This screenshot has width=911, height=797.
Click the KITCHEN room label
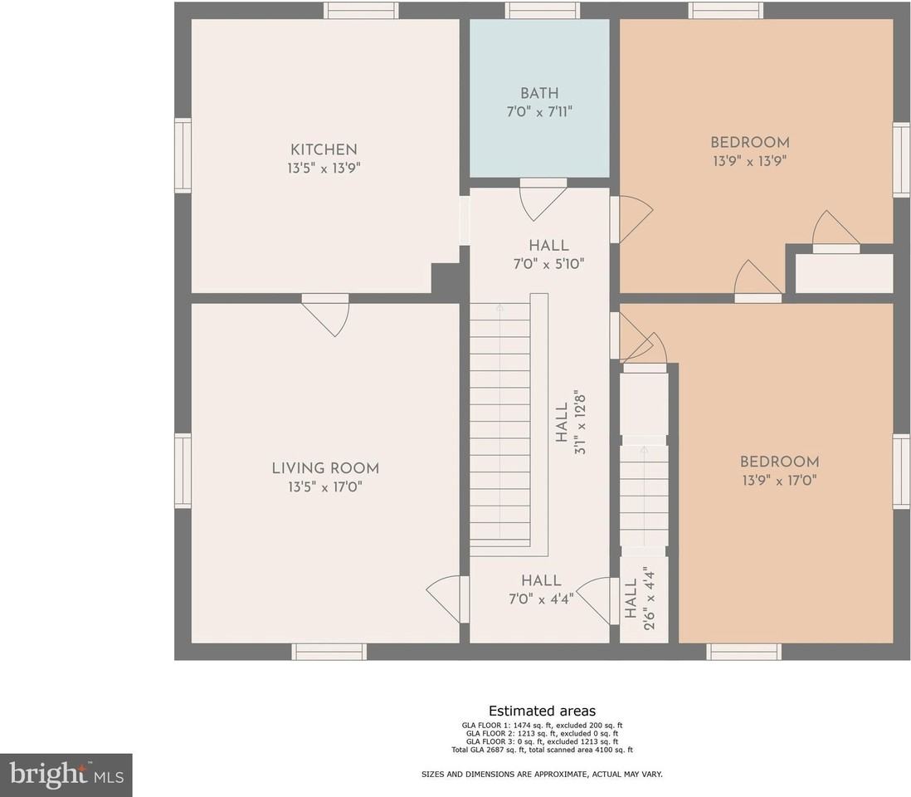(x=324, y=149)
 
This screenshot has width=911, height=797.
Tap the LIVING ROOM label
(x=325, y=468)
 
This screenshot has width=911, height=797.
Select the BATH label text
(x=540, y=93)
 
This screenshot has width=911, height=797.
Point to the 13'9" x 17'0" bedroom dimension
(x=780, y=480)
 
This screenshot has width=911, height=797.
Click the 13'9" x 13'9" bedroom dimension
(x=750, y=160)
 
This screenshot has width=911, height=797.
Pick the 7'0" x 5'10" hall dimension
(x=548, y=264)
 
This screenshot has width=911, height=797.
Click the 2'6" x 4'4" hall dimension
(x=649, y=599)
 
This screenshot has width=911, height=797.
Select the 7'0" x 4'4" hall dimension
(x=541, y=599)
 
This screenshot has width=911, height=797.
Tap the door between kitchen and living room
(x=325, y=314)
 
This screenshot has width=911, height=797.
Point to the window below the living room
(x=329, y=652)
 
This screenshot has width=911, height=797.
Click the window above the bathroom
(x=542, y=11)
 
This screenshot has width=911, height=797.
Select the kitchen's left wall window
(x=183, y=155)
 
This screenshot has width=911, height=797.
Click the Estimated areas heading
(x=542, y=711)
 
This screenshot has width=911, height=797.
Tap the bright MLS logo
(x=66, y=775)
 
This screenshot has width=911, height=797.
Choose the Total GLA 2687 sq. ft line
(x=542, y=750)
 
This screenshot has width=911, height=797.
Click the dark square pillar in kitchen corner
(x=446, y=278)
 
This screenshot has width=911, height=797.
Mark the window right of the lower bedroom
(x=902, y=471)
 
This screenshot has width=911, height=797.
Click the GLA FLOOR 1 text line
(x=542, y=726)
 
